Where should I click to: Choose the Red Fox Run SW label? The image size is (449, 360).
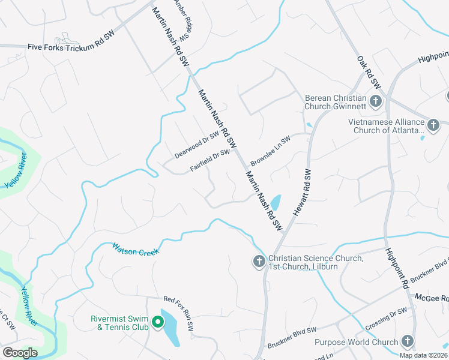[x=179, y=312]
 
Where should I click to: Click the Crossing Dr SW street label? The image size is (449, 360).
[x=386, y=317]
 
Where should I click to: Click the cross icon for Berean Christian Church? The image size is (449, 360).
[x=376, y=101]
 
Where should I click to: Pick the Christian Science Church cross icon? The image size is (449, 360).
[x=259, y=261]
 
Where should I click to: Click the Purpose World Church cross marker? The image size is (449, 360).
[x=408, y=342]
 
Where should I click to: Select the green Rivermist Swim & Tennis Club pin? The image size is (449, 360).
[x=158, y=322]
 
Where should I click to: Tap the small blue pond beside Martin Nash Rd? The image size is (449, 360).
[x=275, y=202]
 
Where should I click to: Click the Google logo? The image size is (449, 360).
[x=20, y=353]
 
